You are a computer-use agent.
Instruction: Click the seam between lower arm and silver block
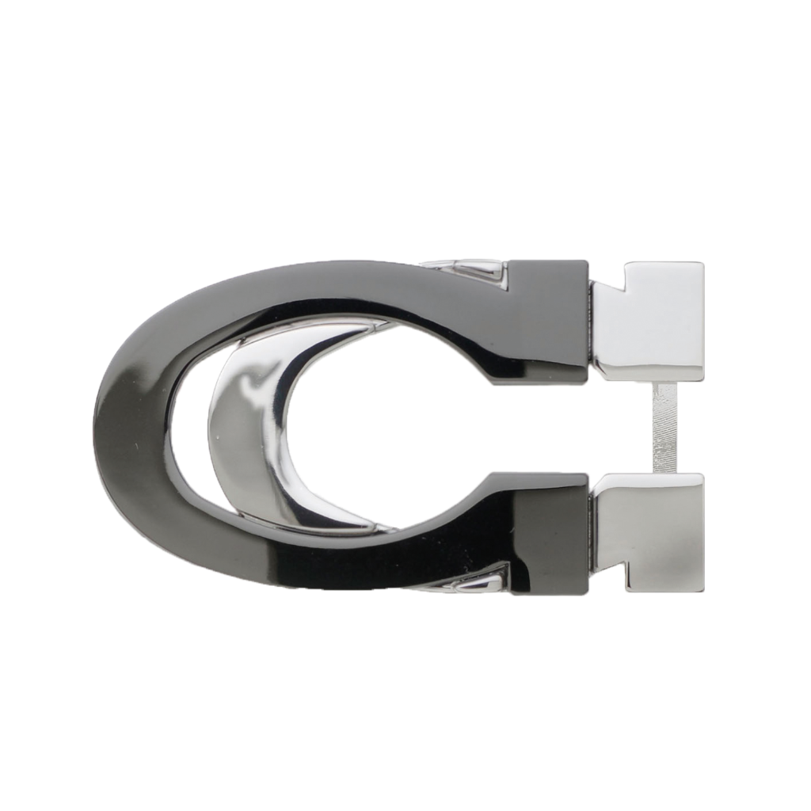pyautogui.click(x=591, y=524)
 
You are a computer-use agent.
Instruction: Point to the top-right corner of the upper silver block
pyautogui.click(x=703, y=261)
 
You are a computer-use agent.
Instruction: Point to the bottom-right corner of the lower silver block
pyautogui.click(x=703, y=592)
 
